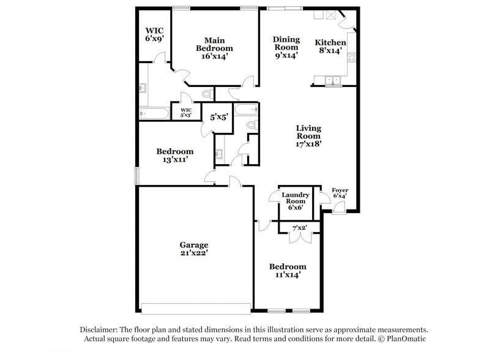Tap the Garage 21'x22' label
193,249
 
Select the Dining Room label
286,47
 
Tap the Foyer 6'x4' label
340,193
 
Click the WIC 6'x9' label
154,34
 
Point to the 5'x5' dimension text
219,116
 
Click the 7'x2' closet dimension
299,228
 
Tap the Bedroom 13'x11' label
174,156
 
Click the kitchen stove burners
352,58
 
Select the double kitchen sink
332,80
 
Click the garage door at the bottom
195,308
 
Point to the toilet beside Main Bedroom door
206,95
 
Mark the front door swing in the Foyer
338,211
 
